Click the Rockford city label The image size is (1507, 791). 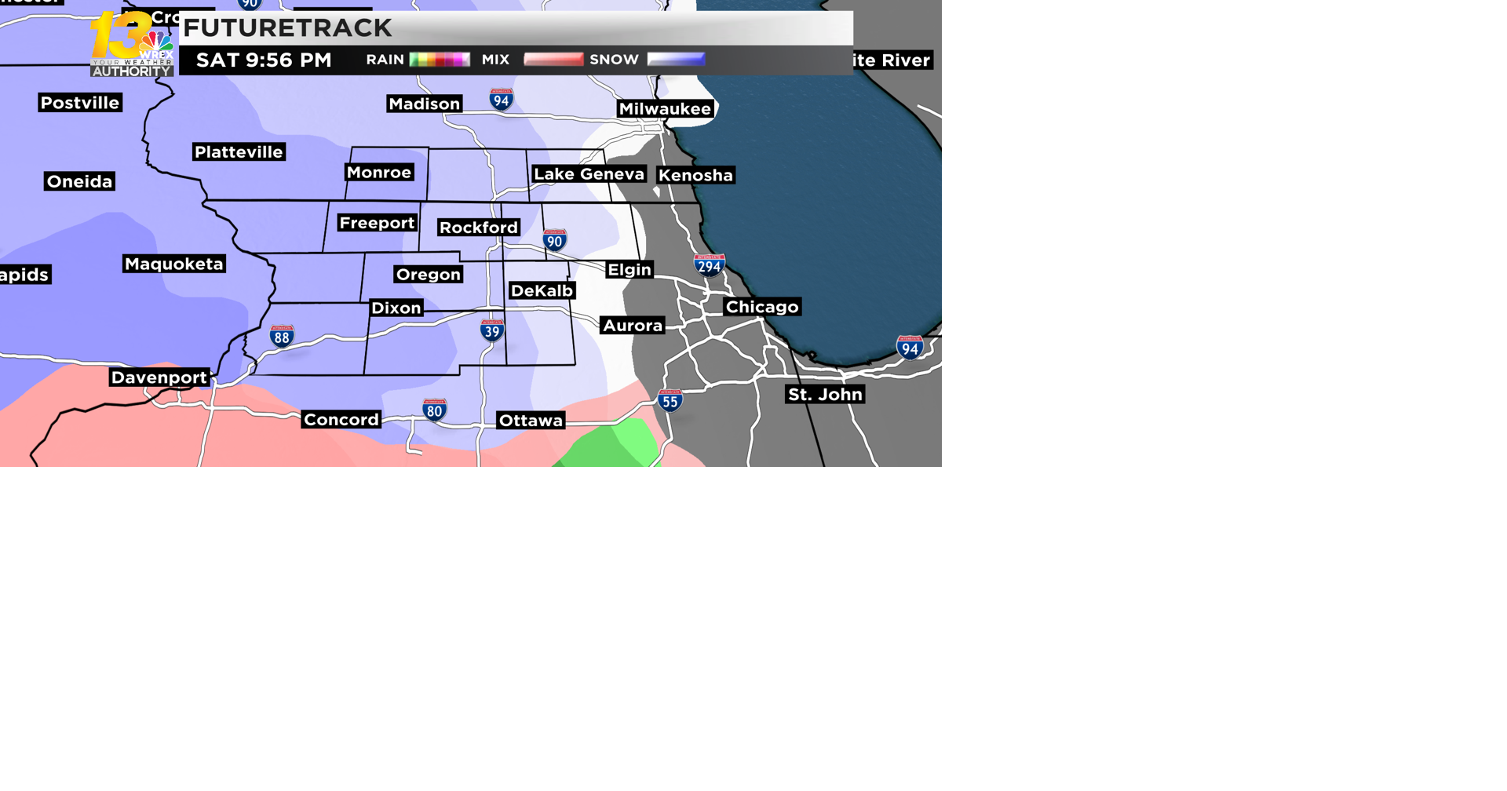[x=479, y=228]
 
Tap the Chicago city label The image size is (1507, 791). [x=761, y=307]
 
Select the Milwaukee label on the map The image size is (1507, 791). [x=664, y=109]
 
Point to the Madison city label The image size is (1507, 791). [x=424, y=104]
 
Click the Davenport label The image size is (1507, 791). [x=159, y=377]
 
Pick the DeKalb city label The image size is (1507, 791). [x=542, y=291]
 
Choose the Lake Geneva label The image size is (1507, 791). [x=589, y=174]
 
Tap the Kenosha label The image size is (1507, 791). [x=695, y=176]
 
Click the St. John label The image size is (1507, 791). [x=825, y=395]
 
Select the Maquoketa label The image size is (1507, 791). [x=173, y=264]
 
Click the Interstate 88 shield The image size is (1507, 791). [x=282, y=337]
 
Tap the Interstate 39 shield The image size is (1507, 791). [x=492, y=330]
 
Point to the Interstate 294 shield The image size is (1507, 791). [x=709, y=265]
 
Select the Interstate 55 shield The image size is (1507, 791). [x=670, y=401]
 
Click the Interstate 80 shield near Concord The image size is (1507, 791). [x=434, y=410]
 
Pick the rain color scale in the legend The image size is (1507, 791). [x=440, y=60]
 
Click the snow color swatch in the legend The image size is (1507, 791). [x=676, y=60]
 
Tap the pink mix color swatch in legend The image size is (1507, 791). [x=553, y=60]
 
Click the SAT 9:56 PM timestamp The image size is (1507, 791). [x=264, y=60]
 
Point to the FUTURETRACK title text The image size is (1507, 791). [x=287, y=28]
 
